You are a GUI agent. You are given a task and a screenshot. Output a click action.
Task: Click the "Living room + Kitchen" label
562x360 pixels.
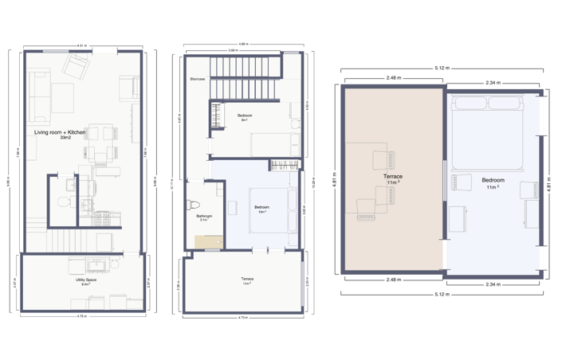click(60, 132)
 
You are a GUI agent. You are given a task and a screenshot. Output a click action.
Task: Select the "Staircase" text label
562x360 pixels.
click(198, 80)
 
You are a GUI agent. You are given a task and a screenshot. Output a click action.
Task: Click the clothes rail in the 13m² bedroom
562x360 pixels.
click(285, 166)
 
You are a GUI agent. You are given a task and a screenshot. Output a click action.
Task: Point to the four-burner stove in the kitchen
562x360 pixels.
click(102, 216)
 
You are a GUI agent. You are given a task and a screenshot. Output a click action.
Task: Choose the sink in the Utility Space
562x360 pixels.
click(100, 266)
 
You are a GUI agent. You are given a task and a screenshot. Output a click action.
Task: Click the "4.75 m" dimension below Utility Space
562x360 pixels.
click(81, 317)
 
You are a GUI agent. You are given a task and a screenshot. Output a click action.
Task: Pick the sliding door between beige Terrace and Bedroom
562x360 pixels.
click(444, 181)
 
